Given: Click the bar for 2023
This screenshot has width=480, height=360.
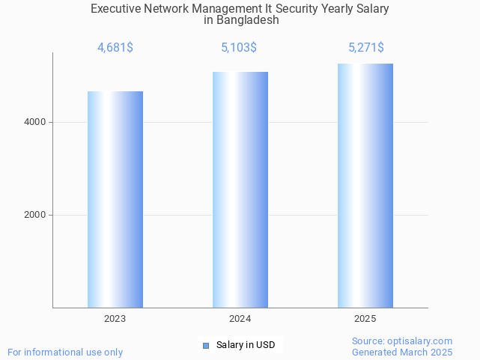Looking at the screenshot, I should (x=115, y=199).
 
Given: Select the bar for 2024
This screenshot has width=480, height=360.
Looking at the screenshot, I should (x=240, y=189).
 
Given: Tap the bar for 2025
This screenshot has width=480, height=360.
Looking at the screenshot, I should (x=365, y=186).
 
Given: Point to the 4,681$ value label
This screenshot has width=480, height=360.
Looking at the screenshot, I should (x=115, y=48).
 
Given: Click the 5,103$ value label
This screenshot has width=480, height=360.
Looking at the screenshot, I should (x=239, y=48).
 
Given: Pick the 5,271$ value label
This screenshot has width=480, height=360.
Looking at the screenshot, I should (x=366, y=48).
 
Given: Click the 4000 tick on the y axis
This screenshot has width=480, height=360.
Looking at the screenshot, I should (x=34, y=122).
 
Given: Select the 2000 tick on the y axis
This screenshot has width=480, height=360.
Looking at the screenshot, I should (x=34, y=215).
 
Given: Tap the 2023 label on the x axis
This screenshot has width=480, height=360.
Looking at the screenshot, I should (x=115, y=319).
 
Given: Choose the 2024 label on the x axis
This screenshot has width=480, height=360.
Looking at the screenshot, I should (x=240, y=319).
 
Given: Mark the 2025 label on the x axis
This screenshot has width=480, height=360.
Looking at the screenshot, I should (x=365, y=319).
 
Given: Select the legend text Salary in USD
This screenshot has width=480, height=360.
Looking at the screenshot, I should (x=246, y=345).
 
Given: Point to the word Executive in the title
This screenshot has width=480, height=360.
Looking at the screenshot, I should (x=116, y=9).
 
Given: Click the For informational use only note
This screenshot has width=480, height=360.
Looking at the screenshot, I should (x=65, y=352).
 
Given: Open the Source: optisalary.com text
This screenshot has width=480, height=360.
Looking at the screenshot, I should (x=402, y=341).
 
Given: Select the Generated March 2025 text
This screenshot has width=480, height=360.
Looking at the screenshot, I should (x=402, y=352).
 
